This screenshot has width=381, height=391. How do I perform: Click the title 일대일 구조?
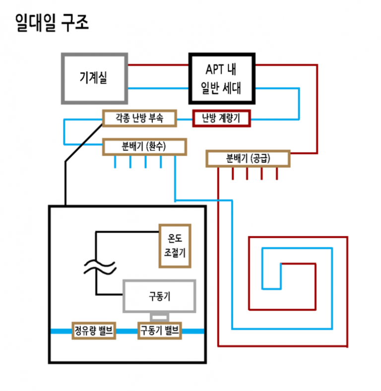pyautogui.click(x=52, y=23)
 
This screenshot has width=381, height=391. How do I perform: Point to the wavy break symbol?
pyautogui.click(x=100, y=267)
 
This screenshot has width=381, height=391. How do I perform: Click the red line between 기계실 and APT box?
pyautogui.click(x=158, y=65)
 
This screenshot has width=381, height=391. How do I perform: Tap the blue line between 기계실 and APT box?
pyautogui.click(x=158, y=88)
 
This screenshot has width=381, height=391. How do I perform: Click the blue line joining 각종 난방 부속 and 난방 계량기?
pyautogui.click(x=185, y=119)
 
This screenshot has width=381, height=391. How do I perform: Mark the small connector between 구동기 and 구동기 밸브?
pyautogui.click(x=159, y=317)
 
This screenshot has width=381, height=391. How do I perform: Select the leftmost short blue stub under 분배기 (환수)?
pyautogui.click(x=115, y=161)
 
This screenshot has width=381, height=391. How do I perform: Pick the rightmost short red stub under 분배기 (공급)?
pyautogui.click(x=277, y=173)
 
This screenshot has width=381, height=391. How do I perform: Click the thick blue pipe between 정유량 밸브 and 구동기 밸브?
pyautogui.click(x=127, y=331)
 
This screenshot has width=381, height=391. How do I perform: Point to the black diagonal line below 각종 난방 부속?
pyautogui.click(x=84, y=143)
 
